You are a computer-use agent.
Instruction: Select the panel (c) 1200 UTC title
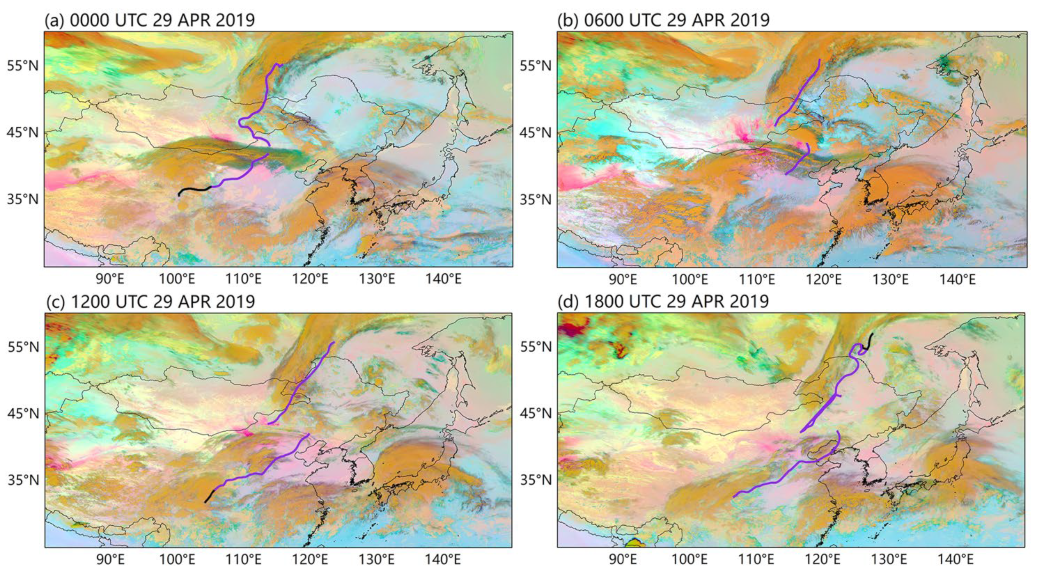point(149,301)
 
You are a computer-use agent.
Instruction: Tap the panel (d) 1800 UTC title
point(663,301)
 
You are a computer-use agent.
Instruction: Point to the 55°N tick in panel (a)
point(23,66)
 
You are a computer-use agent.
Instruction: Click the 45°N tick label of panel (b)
point(535,133)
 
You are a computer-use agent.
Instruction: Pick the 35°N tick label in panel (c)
point(23,480)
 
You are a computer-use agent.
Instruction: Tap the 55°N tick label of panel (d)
point(535,347)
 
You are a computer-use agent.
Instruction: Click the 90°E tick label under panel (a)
point(110,278)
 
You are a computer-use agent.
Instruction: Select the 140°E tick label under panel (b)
point(957,278)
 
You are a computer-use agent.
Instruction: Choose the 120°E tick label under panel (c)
point(310,560)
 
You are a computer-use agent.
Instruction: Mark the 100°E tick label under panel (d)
point(690,560)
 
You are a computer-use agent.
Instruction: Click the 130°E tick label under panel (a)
point(377,278)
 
